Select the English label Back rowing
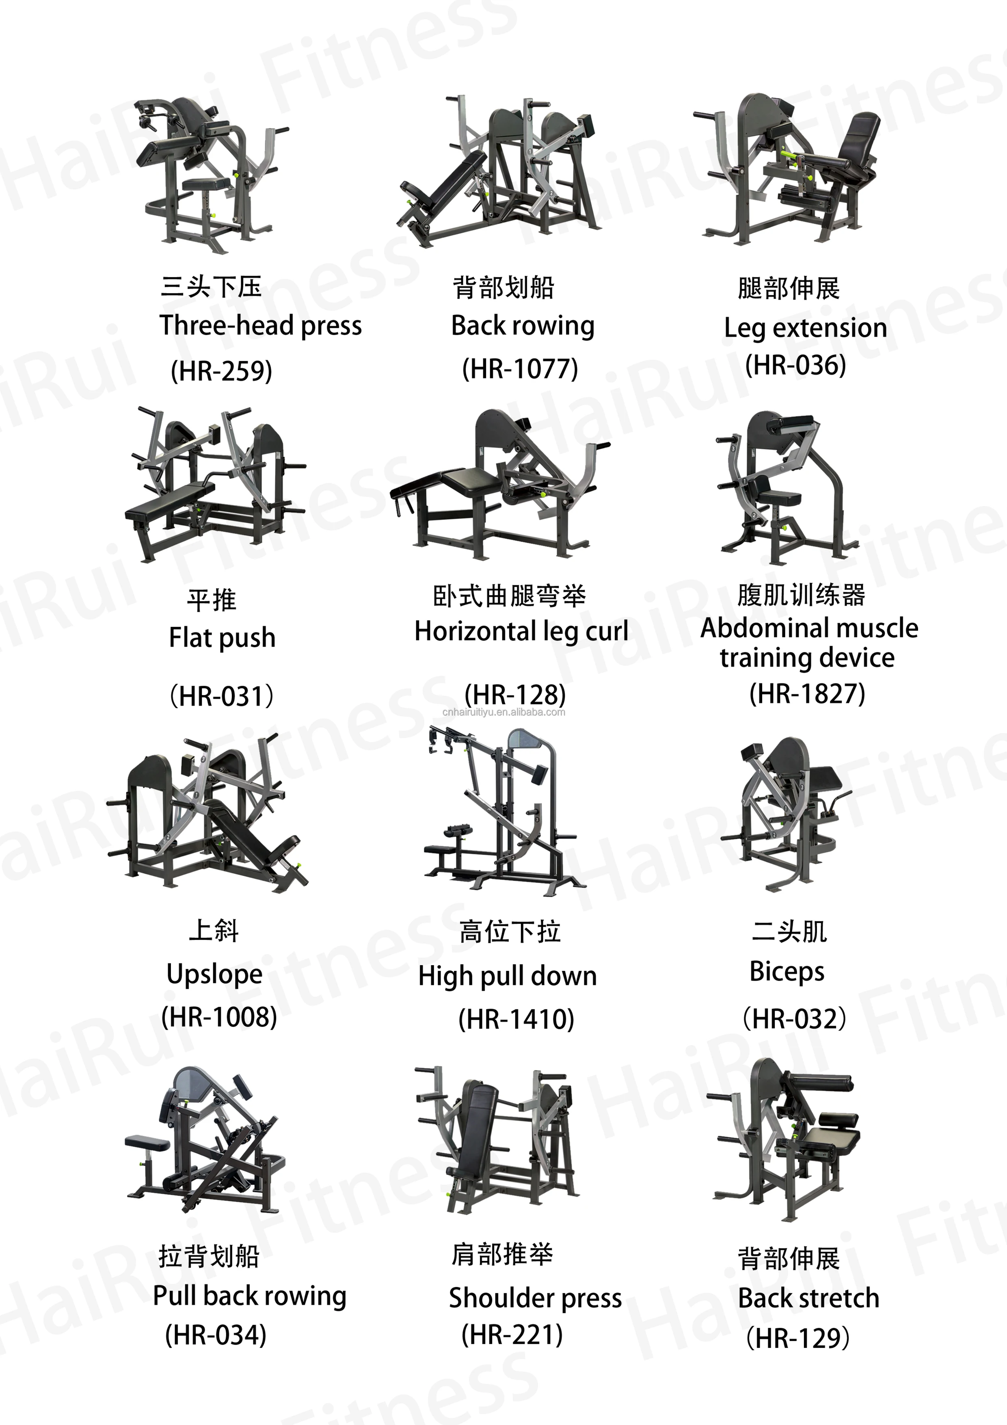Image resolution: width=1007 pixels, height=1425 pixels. (x=523, y=326)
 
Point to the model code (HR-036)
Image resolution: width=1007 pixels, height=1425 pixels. (x=795, y=365)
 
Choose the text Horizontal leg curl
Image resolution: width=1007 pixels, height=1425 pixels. (x=521, y=631)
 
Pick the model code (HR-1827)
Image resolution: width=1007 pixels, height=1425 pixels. (x=806, y=693)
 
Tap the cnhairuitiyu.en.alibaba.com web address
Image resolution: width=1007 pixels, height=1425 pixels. (x=504, y=712)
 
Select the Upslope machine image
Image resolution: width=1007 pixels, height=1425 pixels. (x=208, y=813)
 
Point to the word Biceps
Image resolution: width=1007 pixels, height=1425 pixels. (x=787, y=971)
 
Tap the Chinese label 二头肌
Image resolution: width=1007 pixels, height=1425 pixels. (x=789, y=931)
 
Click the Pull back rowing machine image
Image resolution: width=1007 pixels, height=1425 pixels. (x=205, y=1142)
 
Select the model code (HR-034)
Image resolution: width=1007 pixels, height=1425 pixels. (x=215, y=1334)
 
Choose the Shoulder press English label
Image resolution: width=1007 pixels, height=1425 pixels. (x=535, y=1298)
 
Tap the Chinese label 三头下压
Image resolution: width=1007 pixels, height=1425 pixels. (x=211, y=287)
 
